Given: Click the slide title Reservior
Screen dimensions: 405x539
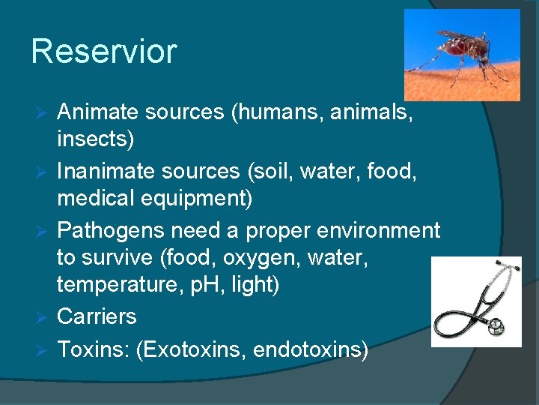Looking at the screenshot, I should [x=104, y=52].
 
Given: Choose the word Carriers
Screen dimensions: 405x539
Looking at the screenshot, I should [x=97, y=316].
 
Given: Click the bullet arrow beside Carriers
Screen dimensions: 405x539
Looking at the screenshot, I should [x=43, y=317].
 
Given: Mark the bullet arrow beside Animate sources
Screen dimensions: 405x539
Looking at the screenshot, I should [x=43, y=113].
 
